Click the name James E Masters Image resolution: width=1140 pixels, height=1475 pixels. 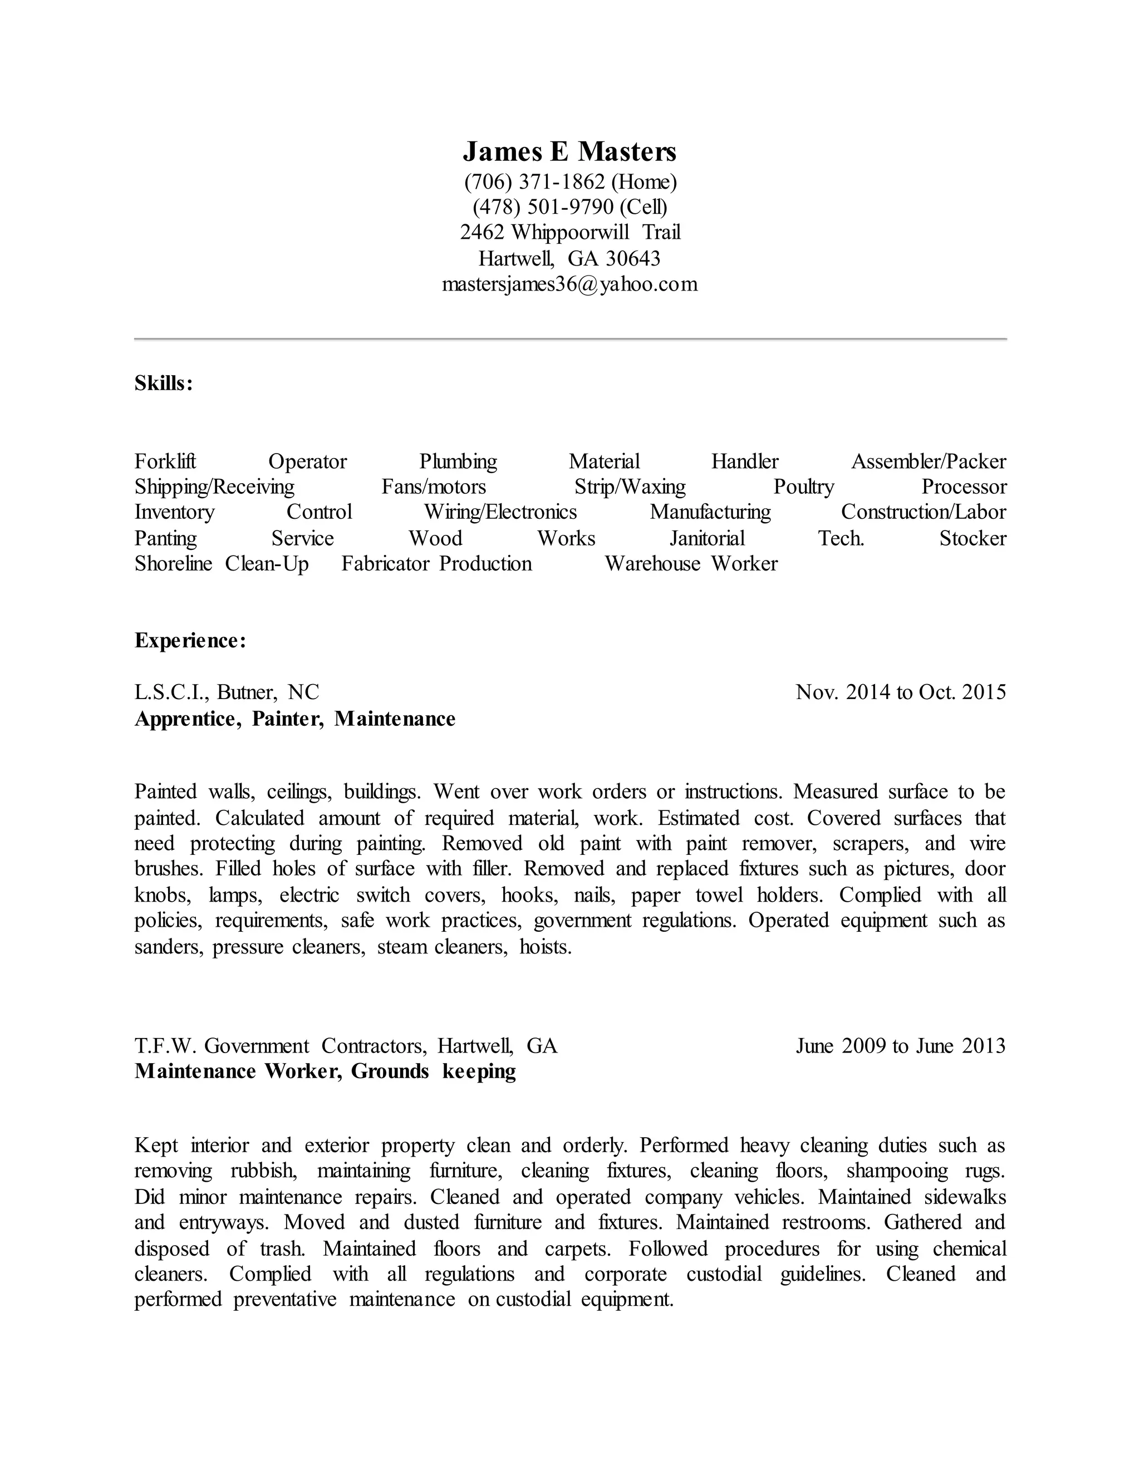[569, 152]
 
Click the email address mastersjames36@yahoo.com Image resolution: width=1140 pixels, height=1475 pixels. [569, 284]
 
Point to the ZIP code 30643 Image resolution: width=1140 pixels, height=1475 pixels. [633, 259]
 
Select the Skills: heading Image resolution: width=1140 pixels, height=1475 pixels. [164, 383]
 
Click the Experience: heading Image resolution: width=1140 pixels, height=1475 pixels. [190, 640]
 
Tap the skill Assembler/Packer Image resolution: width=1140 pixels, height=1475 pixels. [928, 462]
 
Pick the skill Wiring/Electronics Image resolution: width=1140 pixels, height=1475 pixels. [500, 513]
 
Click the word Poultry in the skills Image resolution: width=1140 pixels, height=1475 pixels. [804, 487]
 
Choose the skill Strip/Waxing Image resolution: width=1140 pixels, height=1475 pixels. [630, 487]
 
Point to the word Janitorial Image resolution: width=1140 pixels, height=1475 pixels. [707, 539]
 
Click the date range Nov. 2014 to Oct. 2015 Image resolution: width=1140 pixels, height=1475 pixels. [900, 692]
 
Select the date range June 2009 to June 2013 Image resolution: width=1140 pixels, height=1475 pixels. [900, 1046]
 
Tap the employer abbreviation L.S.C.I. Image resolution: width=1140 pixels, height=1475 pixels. [171, 692]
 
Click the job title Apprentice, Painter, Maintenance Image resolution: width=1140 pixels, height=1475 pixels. [295, 719]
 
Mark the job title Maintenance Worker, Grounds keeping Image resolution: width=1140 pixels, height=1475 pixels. [325, 1072]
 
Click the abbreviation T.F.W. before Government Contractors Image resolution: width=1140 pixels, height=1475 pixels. [165, 1046]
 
